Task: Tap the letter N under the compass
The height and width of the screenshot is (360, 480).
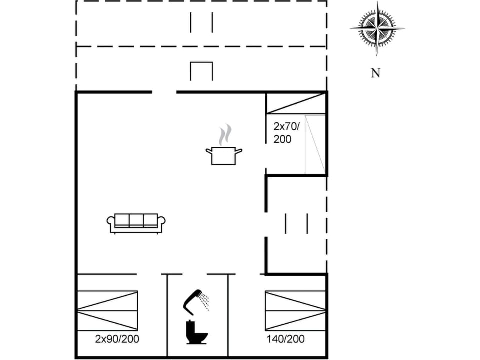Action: click(375, 73)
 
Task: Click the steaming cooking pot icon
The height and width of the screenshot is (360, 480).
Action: click(224, 155)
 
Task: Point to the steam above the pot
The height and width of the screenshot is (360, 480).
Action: click(225, 134)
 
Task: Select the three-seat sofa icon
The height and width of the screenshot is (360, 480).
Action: click(136, 223)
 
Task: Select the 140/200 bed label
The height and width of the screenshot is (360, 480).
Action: click(285, 339)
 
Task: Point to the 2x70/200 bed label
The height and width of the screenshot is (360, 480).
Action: click(286, 132)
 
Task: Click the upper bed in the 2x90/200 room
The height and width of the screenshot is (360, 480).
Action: click(107, 300)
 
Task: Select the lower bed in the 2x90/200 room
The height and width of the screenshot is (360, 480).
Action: click(107, 320)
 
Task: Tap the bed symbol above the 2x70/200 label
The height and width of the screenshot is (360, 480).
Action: click(295, 103)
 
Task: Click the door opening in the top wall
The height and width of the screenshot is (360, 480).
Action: click(164, 92)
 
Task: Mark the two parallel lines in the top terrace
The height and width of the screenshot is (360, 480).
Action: click(201, 22)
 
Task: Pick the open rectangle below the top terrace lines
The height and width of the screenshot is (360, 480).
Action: click(201, 71)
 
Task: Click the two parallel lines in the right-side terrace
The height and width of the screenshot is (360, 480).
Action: click(296, 223)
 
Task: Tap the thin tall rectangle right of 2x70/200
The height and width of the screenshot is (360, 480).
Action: click(315, 144)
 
